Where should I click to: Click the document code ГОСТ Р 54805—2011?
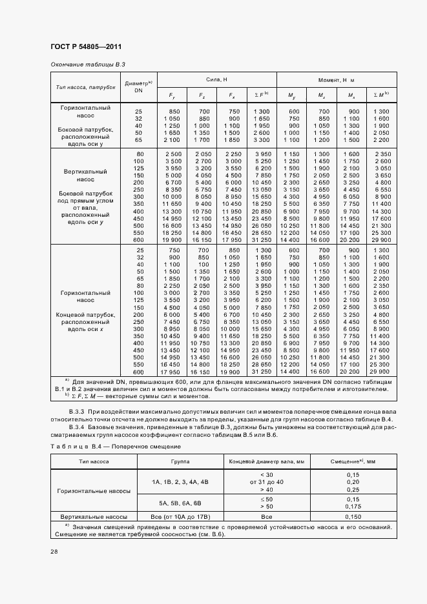(86, 46)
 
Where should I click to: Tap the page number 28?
(54, 552)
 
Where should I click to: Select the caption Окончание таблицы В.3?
(87, 65)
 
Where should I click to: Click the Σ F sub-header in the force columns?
(261, 95)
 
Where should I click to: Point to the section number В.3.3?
(79, 412)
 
